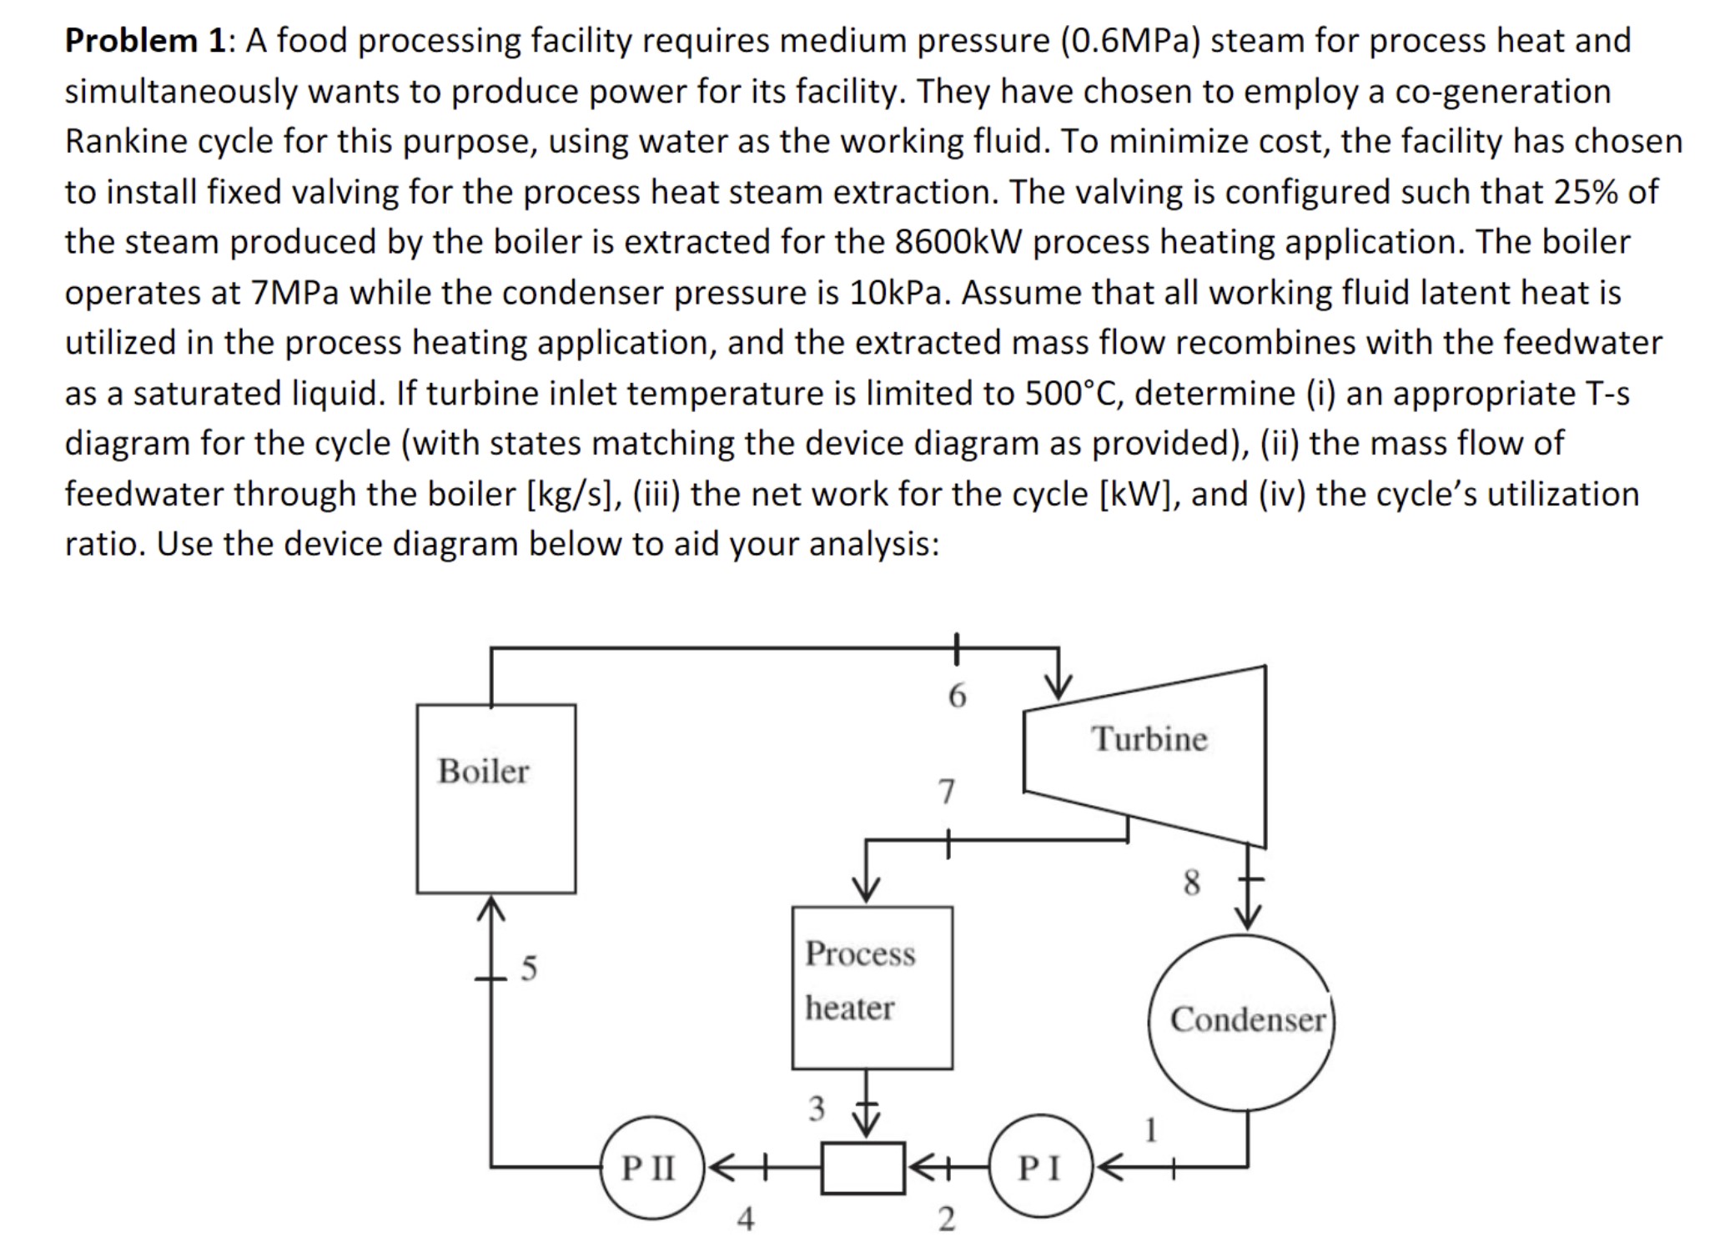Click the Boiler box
[x=495, y=798]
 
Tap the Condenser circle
[x=1241, y=1022]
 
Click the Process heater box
[x=872, y=987]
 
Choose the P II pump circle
[x=652, y=1167]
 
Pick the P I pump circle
[x=1039, y=1167]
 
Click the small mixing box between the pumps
[x=862, y=1168]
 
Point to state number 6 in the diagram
[x=957, y=695]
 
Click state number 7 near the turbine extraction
[x=946, y=791]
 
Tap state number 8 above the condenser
[x=1192, y=882]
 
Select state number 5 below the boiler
[x=529, y=968]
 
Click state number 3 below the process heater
[x=816, y=1109]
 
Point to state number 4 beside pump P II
[x=745, y=1219]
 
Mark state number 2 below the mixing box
[x=946, y=1219]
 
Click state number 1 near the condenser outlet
[x=1151, y=1130]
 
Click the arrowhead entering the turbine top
[x=1059, y=687]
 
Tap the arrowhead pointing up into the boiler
[x=491, y=909]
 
